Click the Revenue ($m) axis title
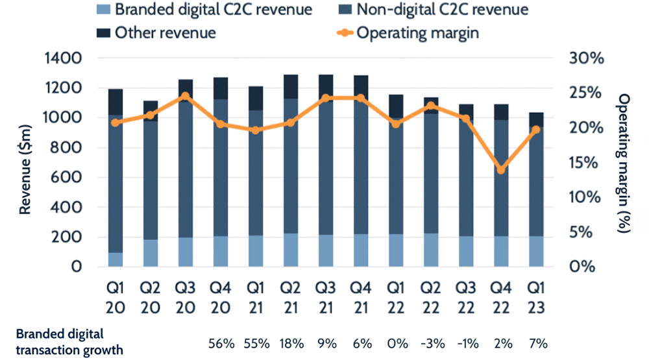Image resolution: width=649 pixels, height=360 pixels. pyautogui.click(x=26, y=162)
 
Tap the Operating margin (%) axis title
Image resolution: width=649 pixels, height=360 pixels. pyautogui.click(x=624, y=162)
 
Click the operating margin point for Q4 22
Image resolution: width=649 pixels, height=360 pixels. pyautogui.click(x=500, y=170)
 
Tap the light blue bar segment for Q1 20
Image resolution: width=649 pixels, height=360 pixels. pyautogui.click(x=116, y=259)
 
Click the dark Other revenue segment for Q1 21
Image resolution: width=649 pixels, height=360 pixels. pyautogui.click(x=256, y=98)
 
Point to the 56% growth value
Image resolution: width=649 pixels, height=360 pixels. pyautogui.click(x=220, y=341)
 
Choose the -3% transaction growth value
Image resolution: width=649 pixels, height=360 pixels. pyautogui.click(x=431, y=341)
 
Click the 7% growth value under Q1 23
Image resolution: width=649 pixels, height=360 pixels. pyautogui.click(x=536, y=341)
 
